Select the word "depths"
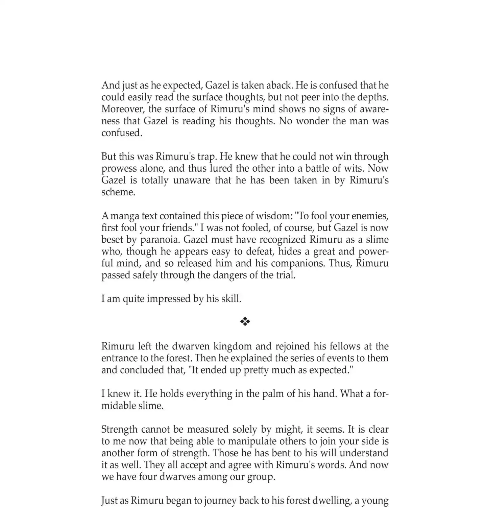372,97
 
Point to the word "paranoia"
160,240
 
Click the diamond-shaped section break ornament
245,321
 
